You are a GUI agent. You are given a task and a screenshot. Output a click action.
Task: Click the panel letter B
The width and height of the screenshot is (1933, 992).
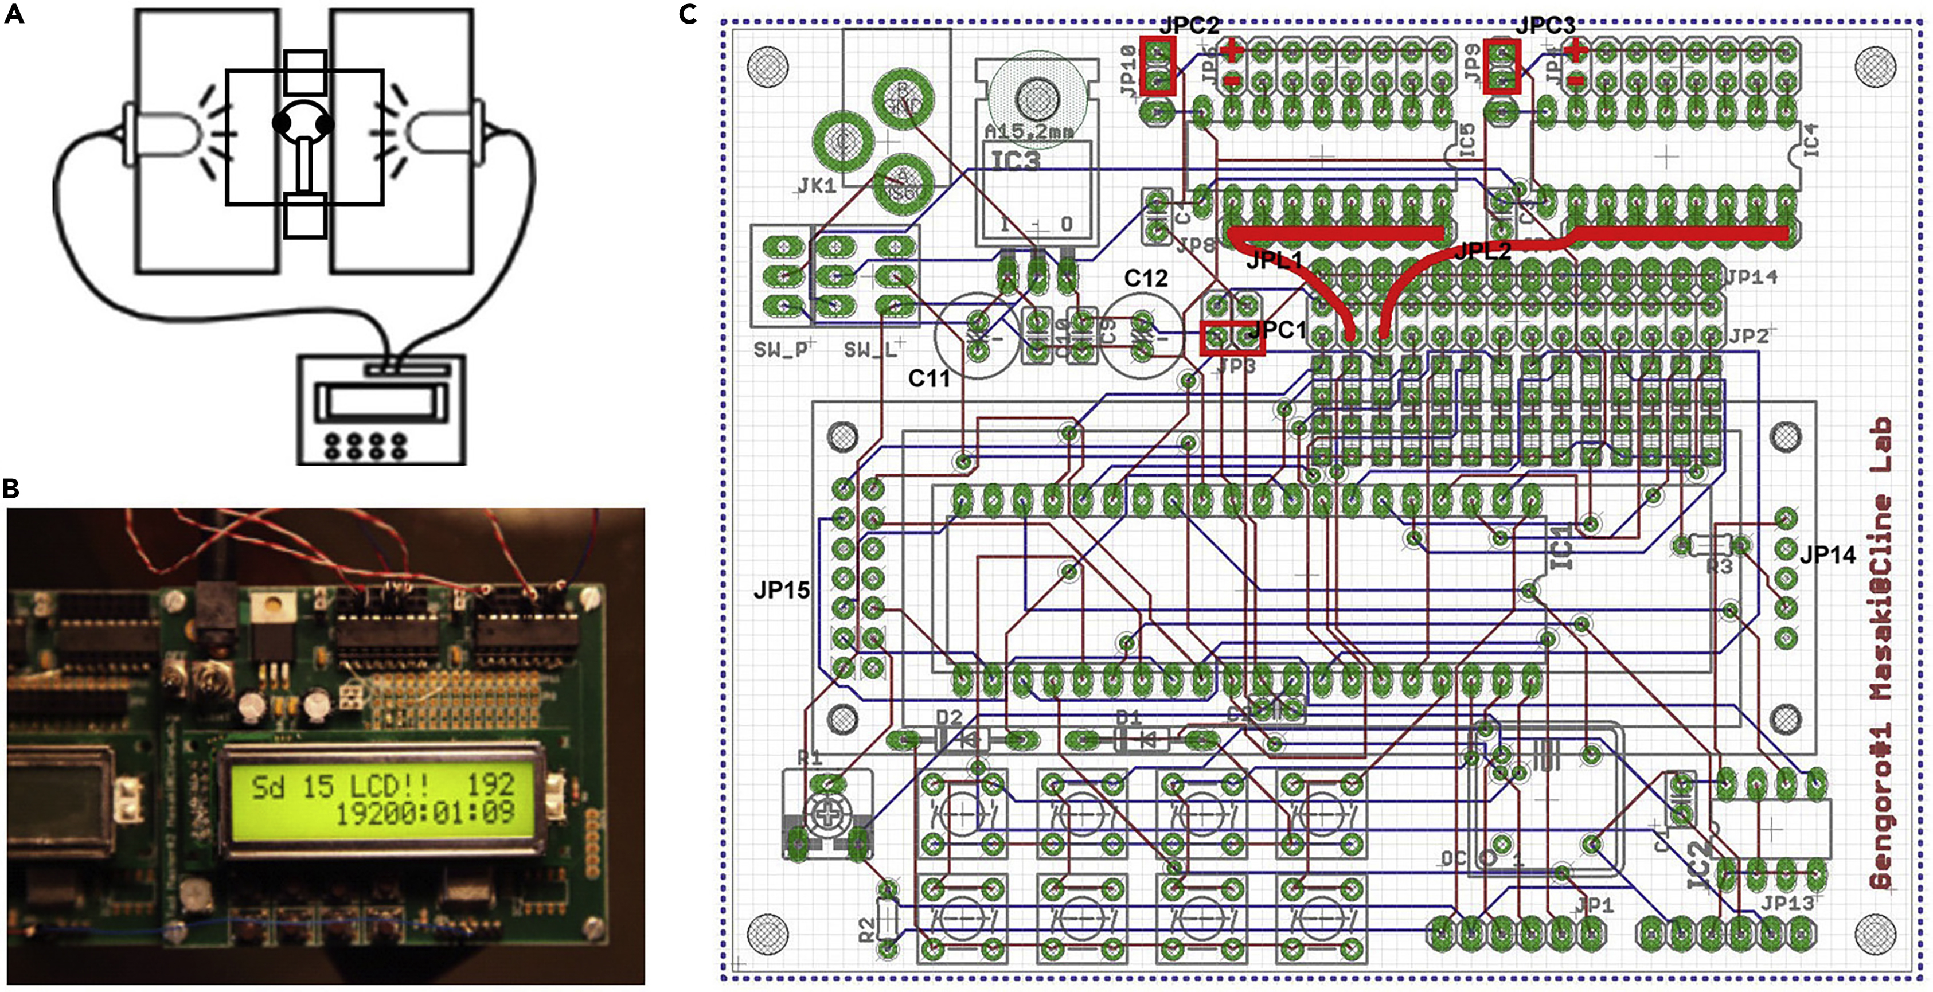11,489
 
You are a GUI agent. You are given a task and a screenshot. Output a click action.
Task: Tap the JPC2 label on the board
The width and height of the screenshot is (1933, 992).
1189,25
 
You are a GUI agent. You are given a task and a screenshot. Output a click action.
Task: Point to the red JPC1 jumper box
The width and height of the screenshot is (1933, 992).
1232,338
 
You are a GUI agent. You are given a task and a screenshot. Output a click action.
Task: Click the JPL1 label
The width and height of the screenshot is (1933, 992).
1274,260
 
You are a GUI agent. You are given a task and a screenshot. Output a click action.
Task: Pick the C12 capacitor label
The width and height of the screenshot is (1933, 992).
1146,278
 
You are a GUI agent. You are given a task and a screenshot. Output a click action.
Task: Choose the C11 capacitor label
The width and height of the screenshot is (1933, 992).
929,379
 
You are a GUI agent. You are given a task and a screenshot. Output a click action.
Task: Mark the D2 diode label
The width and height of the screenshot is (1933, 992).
948,718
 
